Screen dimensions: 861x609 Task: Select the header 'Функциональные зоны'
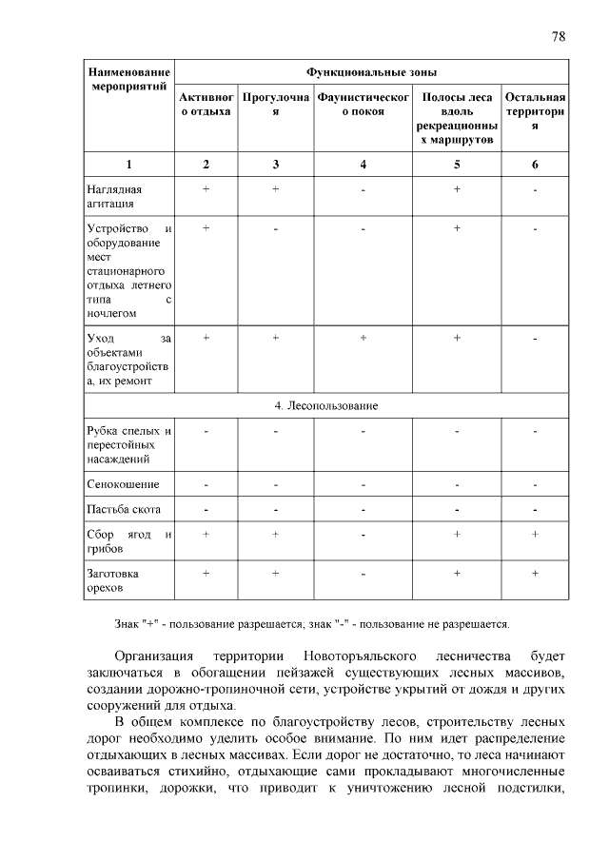(x=372, y=72)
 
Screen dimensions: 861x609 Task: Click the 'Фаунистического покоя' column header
(x=363, y=105)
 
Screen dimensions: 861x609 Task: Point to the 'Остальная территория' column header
(x=535, y=111)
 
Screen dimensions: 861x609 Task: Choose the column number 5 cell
(x=457, y=165)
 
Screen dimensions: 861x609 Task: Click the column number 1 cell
(x=128, y=165)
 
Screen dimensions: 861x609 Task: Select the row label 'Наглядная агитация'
(x=114, y=196)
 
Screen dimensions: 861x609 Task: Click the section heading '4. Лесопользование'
(x=326, y=406)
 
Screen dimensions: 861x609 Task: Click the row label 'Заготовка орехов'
(x=113, y=580)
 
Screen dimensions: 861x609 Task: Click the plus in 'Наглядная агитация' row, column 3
(x=275, y=189)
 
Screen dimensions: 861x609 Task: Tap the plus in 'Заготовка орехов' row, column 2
(x=206, y=573)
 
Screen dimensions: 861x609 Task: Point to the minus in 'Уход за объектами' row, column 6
(x=535, y=338)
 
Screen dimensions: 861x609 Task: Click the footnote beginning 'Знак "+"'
(x=312, y=624)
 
